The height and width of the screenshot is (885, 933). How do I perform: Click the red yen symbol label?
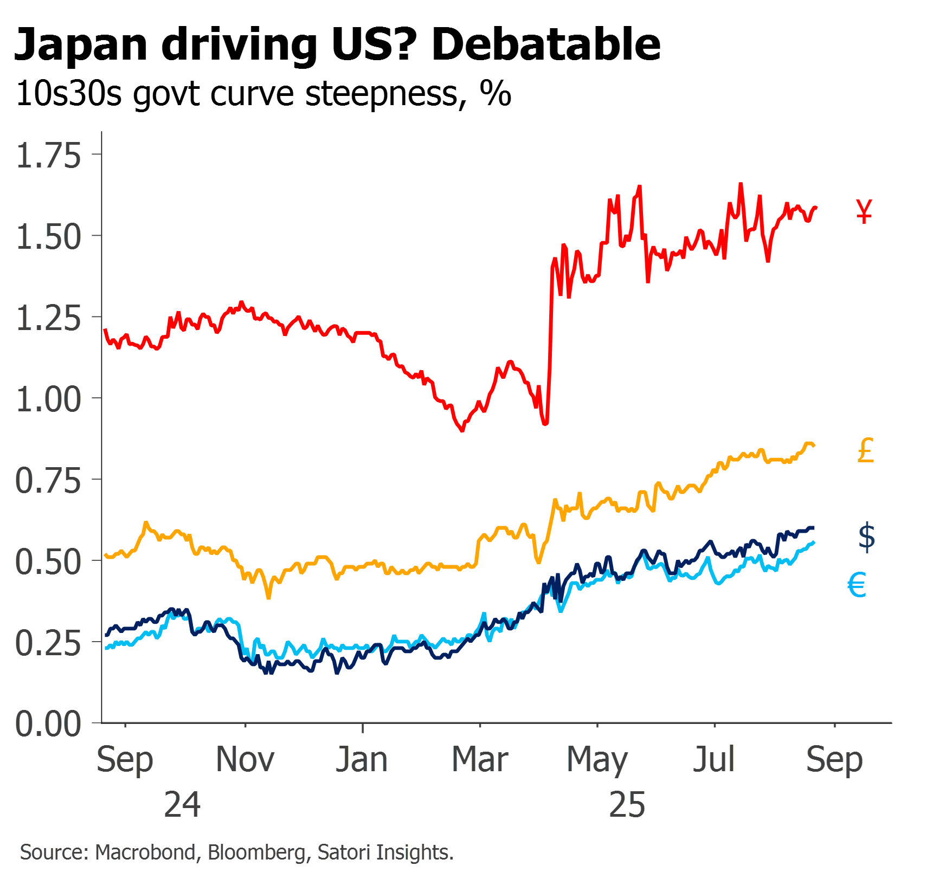(865, 211)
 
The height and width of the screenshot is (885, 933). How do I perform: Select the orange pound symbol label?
(866, 451)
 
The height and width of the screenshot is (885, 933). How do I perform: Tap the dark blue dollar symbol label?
(866, 537)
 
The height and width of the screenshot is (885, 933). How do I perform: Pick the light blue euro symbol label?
(857, 585)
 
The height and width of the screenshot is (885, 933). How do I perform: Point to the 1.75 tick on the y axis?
(49, 156)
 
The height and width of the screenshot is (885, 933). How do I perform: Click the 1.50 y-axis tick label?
(49, 237)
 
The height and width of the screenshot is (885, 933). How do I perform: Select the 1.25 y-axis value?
(49, 318)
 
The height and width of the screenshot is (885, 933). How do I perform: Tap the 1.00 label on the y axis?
(49, 399)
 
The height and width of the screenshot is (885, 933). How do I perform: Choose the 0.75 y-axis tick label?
(49, 481)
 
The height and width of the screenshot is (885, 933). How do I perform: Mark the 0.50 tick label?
(49, 562)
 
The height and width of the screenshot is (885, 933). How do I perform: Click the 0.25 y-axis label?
(49, 643)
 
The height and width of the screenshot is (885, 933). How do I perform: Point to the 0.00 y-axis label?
(49, 724)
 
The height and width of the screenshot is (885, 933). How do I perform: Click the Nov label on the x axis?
(245, 759)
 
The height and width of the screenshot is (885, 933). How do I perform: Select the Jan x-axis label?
(362, 759)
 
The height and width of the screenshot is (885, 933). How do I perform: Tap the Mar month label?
(480, 759)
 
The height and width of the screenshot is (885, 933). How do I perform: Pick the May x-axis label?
(597, 760)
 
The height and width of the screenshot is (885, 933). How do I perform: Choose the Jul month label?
(714, 759)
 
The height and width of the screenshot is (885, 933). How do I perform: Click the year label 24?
(182, 804)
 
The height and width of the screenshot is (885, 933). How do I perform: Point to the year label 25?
(627, 804)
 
